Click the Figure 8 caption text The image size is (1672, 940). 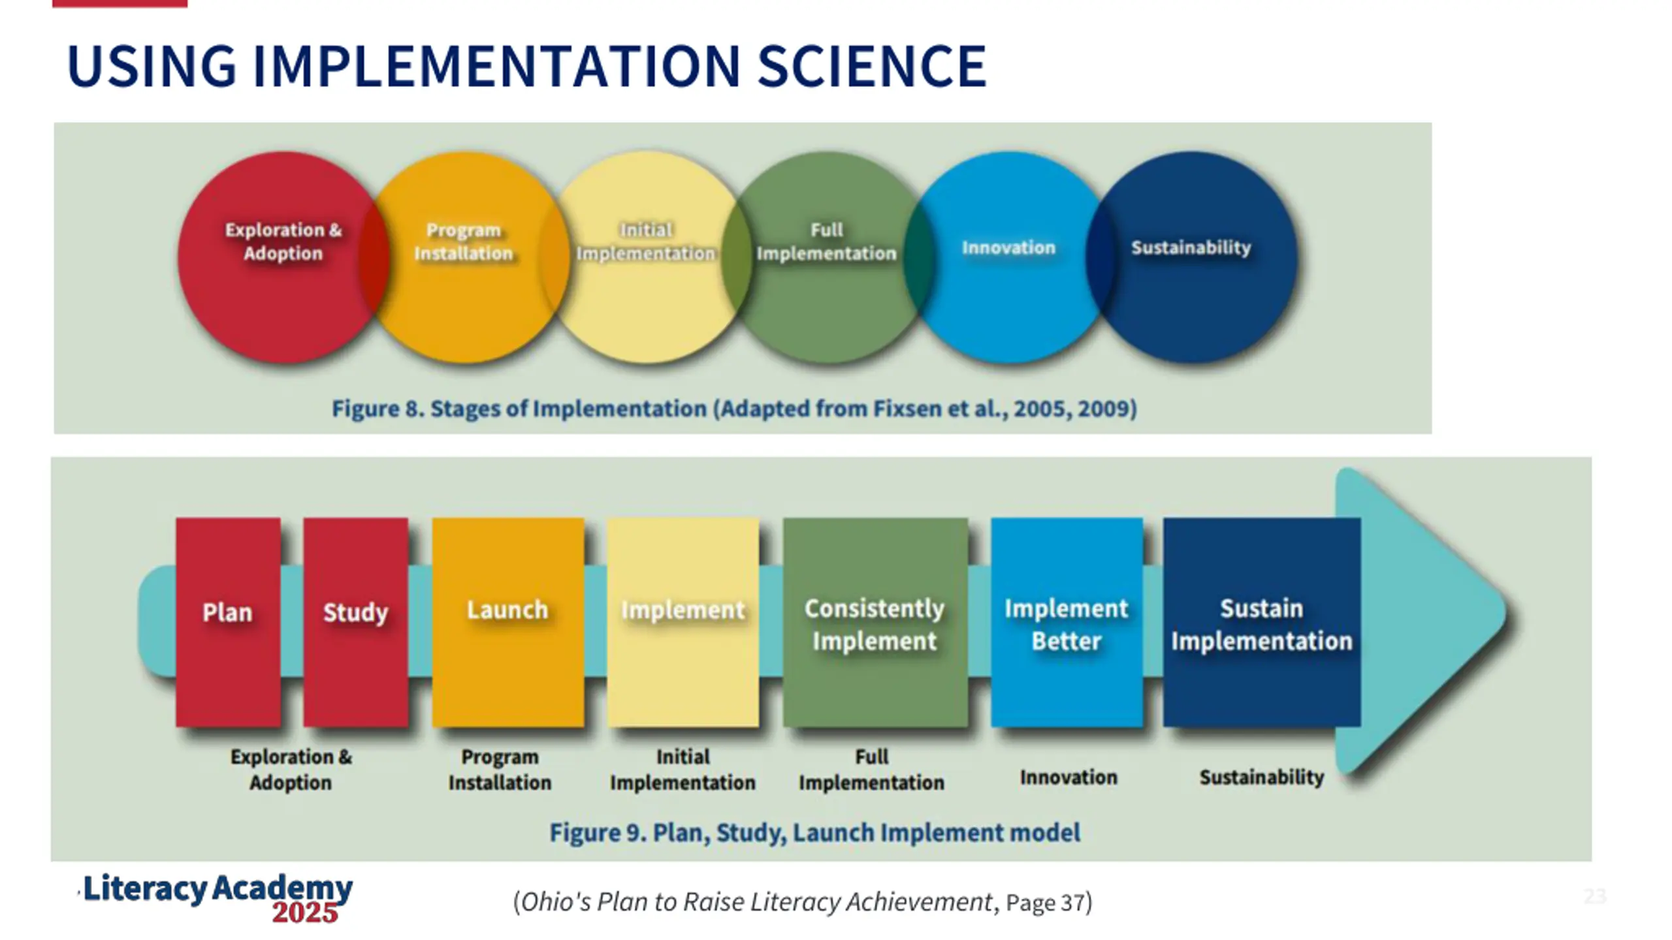pos(734,409)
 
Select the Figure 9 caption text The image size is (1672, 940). pos(814,833)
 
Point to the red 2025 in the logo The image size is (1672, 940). pos(305,913)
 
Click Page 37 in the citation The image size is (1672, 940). pos(1045,903)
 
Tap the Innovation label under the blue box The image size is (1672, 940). pos(1069,777)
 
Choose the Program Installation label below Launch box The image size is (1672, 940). pos(500,770)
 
